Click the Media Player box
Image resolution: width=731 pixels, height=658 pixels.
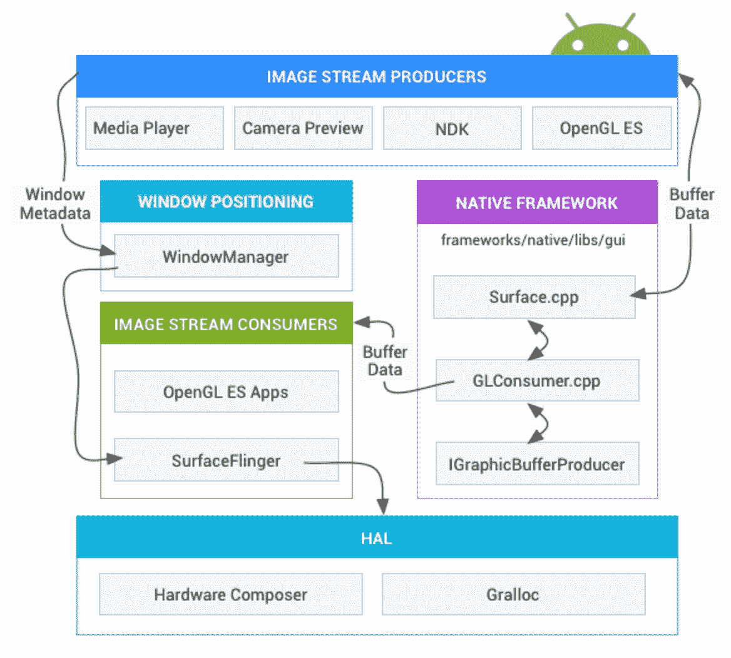(154, 128)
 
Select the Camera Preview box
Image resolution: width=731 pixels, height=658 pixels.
(303, 128)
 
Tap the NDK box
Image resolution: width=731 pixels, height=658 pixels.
(452, 128)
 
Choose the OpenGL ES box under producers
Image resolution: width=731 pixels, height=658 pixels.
(601, 128)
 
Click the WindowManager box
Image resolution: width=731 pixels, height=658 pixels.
(226, 256)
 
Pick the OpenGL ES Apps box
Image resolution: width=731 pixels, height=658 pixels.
(226, 392)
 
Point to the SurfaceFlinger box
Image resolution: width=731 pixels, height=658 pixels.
(226, 461)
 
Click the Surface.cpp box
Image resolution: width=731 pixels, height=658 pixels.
(534, 297)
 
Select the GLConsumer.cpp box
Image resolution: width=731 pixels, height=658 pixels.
(537, 380)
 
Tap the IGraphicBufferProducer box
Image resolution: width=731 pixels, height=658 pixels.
(537, 465)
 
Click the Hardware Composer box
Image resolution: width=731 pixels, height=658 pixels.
(230, 594)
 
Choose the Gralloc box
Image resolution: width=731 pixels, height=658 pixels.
(513, 594)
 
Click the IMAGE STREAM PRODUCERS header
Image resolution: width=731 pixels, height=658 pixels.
(377, 76)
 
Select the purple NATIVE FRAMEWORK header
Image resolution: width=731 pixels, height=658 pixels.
(537, 203)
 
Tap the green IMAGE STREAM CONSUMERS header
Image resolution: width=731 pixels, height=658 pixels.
(226, 324)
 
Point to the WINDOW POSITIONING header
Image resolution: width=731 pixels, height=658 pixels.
(226, 201)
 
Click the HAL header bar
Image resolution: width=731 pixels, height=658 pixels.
(377, 538)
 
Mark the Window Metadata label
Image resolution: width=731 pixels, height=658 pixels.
(55, 204)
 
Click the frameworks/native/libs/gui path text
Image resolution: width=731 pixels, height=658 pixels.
(533, 240)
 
